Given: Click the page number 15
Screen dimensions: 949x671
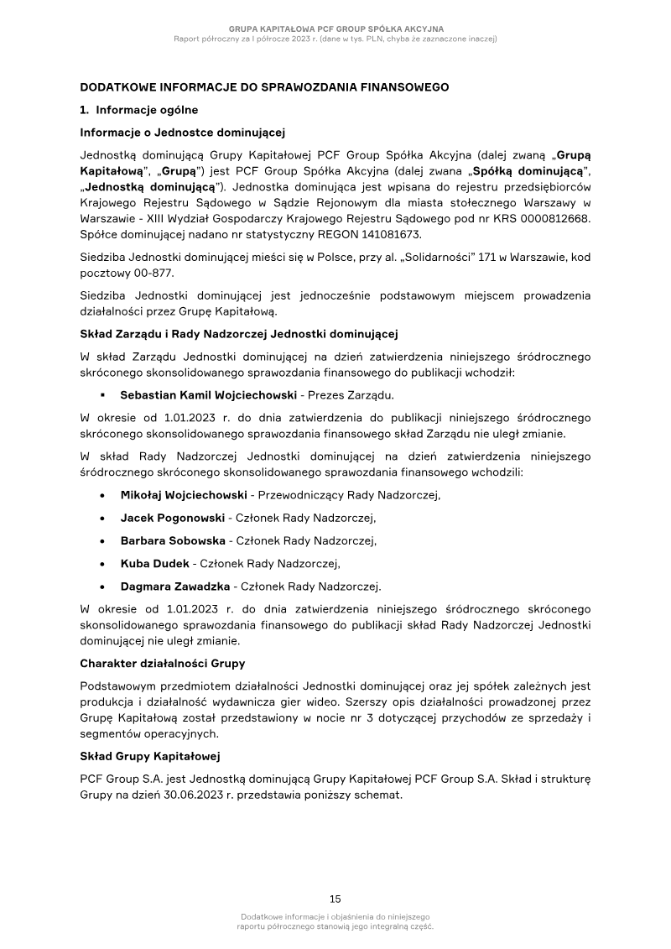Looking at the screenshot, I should tap(335, 898).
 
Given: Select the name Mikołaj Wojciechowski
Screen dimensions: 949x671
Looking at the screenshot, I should tap(184, 495).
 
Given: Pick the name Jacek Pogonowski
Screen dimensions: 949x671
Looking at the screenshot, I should tap(172, 518).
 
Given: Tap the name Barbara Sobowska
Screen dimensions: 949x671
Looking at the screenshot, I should tap(173, 540).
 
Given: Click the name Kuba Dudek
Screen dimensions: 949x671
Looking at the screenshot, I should tap(155, 563).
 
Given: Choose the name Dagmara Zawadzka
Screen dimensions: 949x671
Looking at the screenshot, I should tap(176, 586).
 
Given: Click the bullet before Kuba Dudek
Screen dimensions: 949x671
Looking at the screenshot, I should tap(101, 563).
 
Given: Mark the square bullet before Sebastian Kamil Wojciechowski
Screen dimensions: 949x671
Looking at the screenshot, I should tap(101, 394).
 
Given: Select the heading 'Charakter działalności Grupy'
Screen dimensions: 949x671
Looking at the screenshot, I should tap(162, 664).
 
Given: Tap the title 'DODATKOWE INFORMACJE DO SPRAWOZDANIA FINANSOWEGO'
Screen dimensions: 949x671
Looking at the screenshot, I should tap(264, 86).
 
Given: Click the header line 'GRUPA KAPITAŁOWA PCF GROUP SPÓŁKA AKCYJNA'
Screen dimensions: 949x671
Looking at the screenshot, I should tap(335, 29).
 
